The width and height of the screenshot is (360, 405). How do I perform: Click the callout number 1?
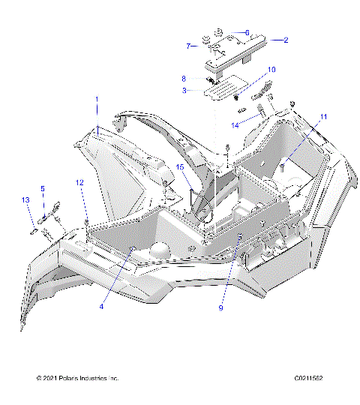[x=96, y=100]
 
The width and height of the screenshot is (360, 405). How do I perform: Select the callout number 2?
[x=285, y=40]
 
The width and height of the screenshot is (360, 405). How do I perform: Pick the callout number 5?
[x=43, y=188]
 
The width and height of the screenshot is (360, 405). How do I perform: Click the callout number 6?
[x=247, y=32]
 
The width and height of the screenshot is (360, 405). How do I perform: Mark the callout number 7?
[x=188, y=46]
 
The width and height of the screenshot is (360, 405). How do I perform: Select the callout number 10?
[x=271, y=70]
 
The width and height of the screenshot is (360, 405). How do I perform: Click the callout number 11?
[x=324, y=116]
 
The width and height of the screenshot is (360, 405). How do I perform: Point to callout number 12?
[x=80, y=182]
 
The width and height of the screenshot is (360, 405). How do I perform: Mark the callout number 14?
[x=235, y=124]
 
